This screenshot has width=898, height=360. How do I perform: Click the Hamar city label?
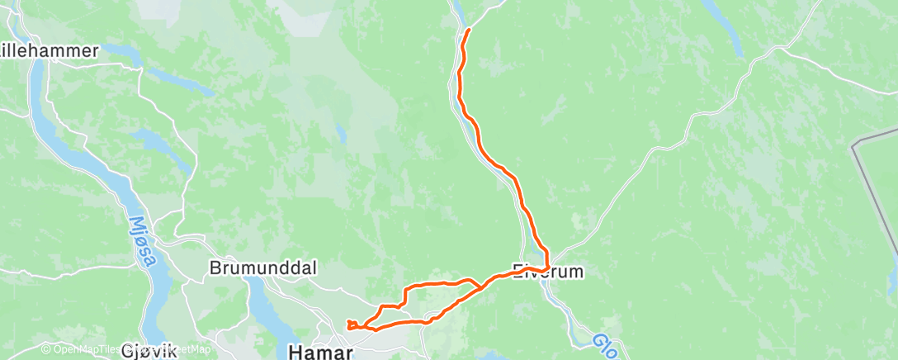click(320, 352)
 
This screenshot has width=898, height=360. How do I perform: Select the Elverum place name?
click(548, 271)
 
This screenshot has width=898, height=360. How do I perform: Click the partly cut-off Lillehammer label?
click(49, 50)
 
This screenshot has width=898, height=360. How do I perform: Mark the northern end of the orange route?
click(469, 30)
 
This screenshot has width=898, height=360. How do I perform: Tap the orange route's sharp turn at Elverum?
click(547, 266)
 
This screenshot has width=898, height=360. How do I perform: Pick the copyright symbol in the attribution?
click(46, 350)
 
